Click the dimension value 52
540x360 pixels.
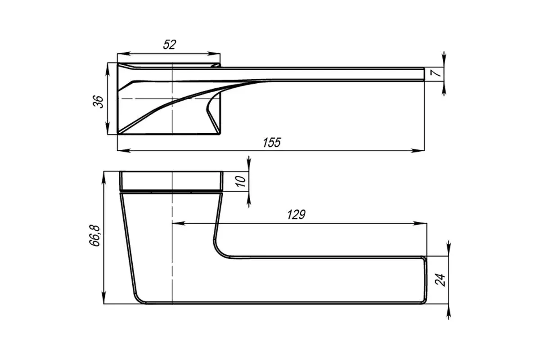pyautogui.click(x=170, y=45)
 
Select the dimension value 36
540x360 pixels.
pyautogui.click(x=98, y=102)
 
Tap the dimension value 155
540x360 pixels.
pyautogui.click(x=272, y=143)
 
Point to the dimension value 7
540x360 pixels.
pyautogui.click(x=437, y=72)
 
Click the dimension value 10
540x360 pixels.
pyautogui.click(x=241, y=181)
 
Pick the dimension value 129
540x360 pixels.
pyautogui.click(x=296, y=215)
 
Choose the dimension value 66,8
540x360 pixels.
pyautogui.click(x=95, y=236)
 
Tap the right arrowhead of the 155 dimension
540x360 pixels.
pyautogui.click(x=418, y=151)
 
